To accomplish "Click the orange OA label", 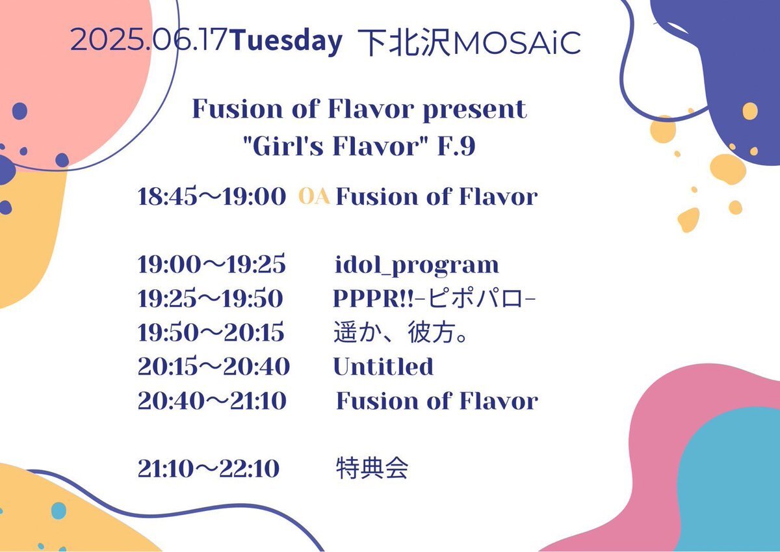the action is [x=314, y=196].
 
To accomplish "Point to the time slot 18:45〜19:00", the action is [x=212, y=197].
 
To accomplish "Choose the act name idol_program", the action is [x=417, y=266].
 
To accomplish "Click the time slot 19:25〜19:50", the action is [x=211, y=299].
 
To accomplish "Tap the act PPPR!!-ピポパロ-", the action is [x=434, y=299].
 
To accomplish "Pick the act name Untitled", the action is [x=383, y=367].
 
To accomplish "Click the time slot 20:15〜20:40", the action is [x=214, y=367].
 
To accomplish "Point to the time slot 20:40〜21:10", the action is [x=212, y=401].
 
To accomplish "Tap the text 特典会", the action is [x=372, y=469].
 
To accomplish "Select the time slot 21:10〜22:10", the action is [x=209, y=469].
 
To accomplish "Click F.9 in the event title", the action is [x=456, y=147].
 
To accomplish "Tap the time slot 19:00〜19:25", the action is [x=212, y=265].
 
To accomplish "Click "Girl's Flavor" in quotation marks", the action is [x=335, y=146].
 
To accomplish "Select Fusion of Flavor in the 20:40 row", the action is [x=437, y=401].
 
